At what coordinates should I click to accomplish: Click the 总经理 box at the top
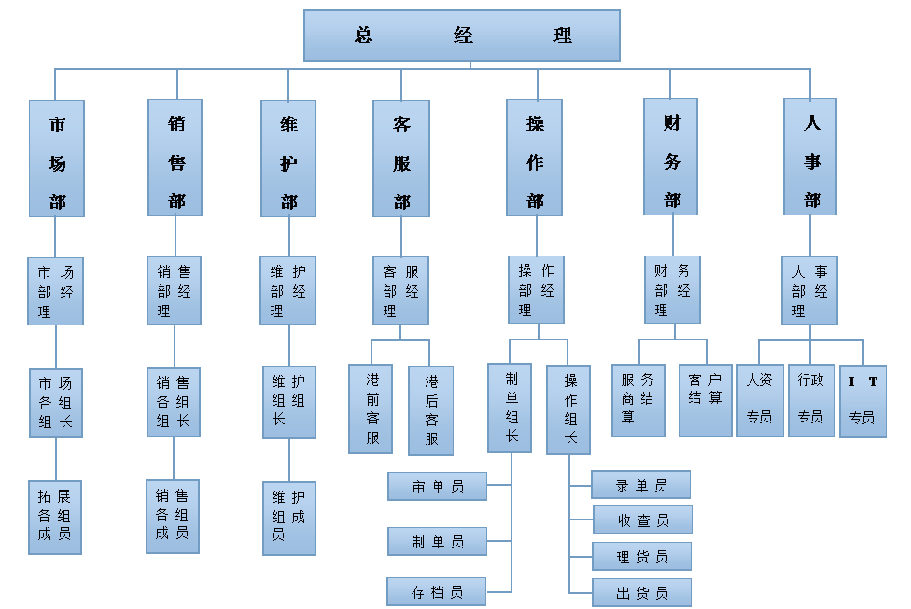coord(462,35)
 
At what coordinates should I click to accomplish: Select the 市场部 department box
coord(57,159)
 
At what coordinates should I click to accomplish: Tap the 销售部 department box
coord(175,158)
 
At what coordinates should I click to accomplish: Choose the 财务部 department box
coord(671,157)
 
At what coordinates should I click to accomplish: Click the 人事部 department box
coord(810,157)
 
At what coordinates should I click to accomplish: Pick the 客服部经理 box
coord(400,290)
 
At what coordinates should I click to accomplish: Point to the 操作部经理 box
coord(536,289)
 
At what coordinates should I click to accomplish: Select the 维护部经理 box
coord(287,290)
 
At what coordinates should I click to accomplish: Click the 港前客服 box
coord(371,408)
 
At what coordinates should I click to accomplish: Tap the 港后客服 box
coord(430,409)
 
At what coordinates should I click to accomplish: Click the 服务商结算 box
coord(638,400)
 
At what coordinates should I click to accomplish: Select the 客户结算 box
coord(705,400)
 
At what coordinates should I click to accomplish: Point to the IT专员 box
coord(862,401)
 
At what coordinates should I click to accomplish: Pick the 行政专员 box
coord(810,401)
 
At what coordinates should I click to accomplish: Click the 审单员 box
coord(438,486)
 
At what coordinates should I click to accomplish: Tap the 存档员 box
coord(438,591)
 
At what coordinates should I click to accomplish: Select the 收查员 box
coord(642,519)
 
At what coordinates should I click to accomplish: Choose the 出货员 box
coord(642,592)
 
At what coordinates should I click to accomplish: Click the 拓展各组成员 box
coord(55,517)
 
